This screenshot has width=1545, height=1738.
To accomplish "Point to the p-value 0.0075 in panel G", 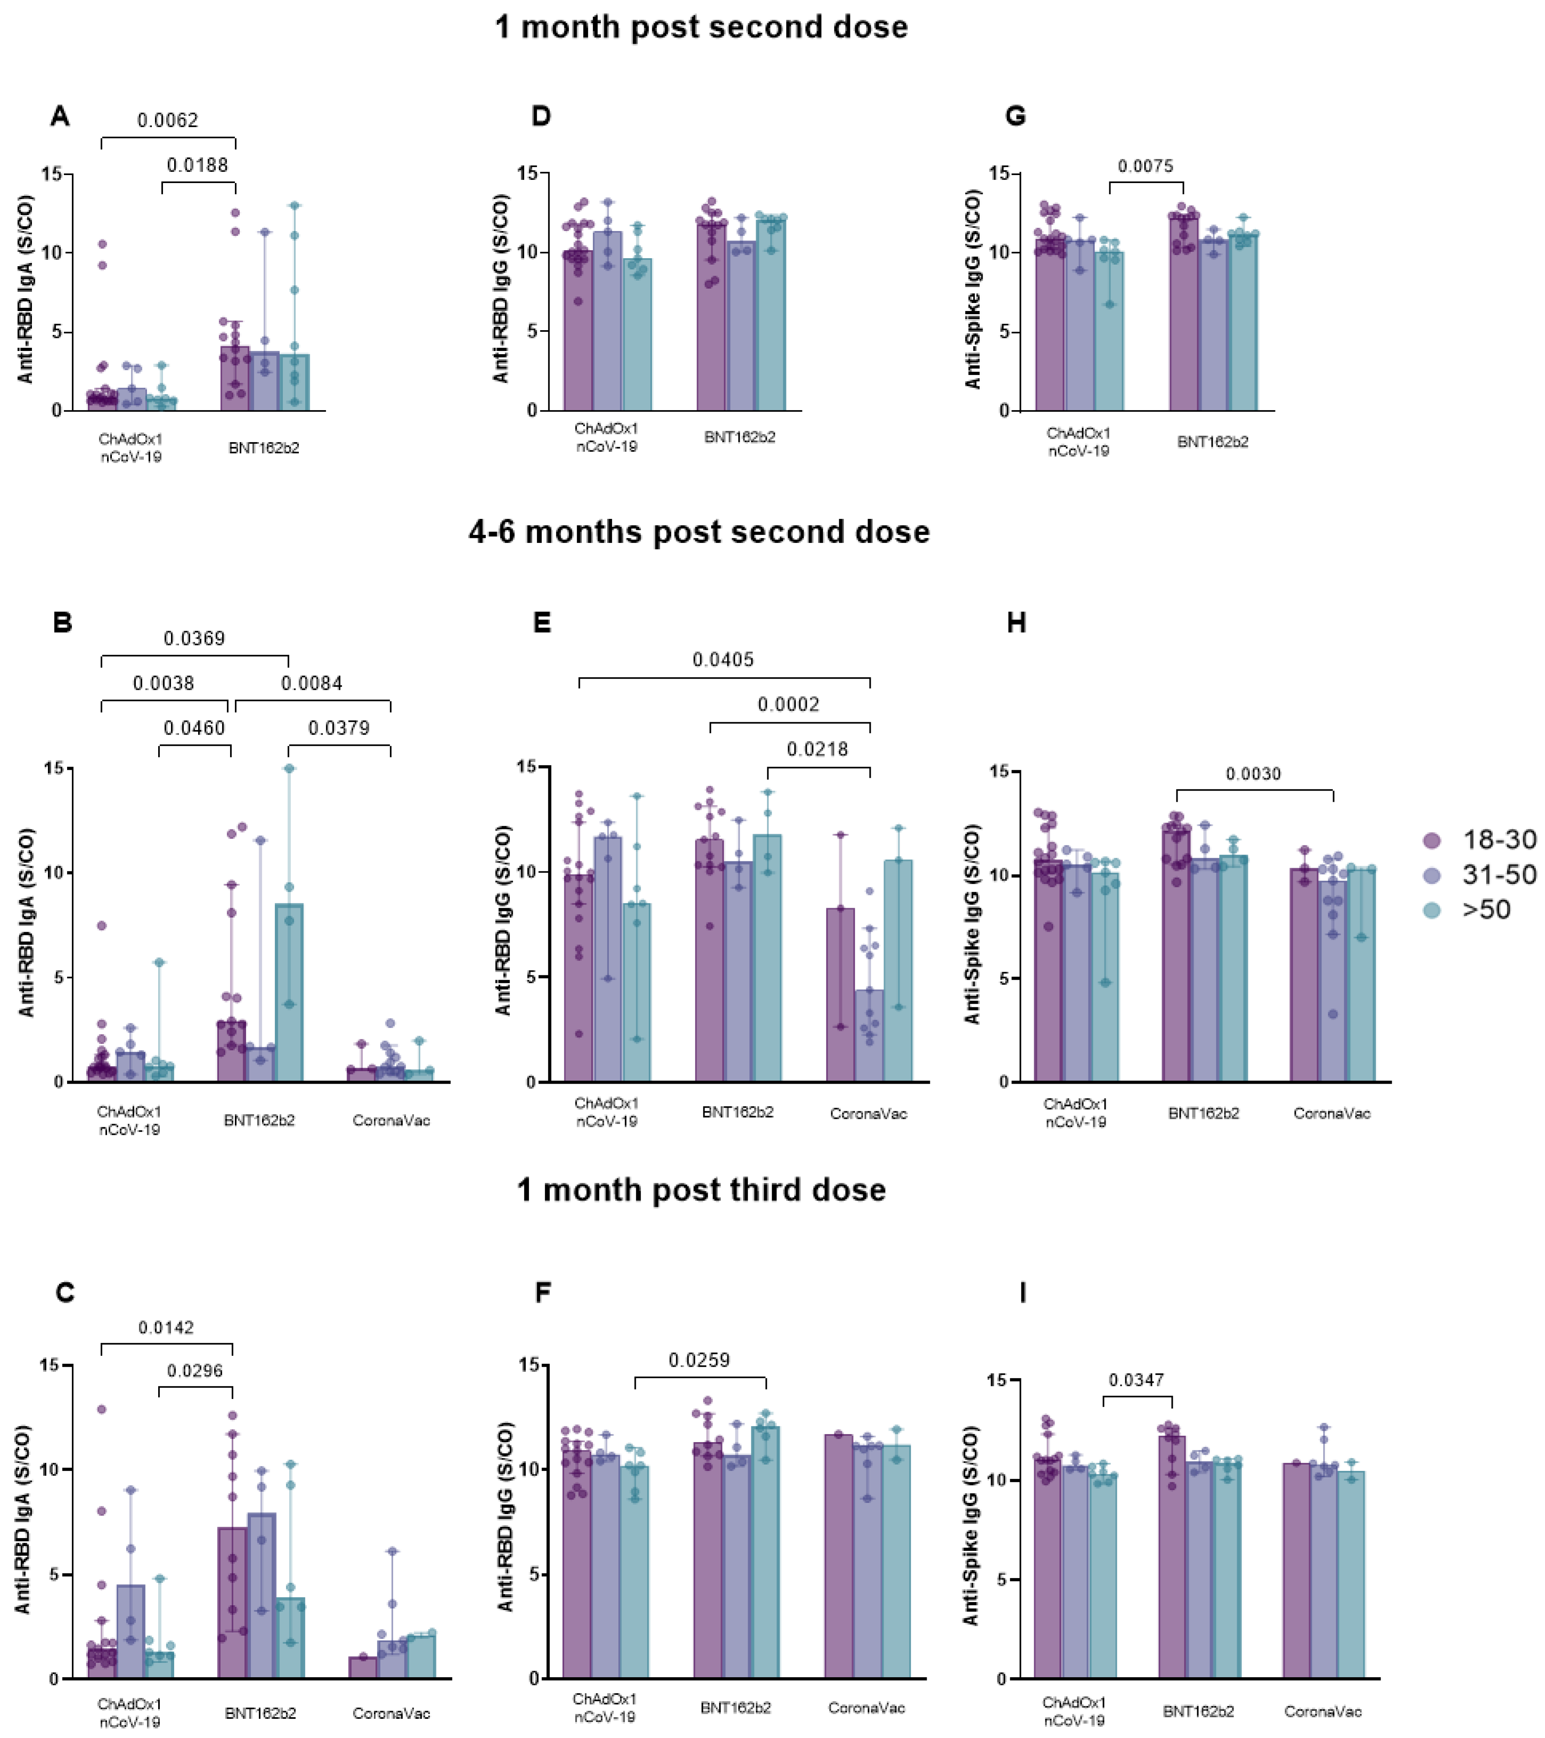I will [1146, 166].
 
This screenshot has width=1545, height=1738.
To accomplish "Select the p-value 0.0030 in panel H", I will [1253, 774].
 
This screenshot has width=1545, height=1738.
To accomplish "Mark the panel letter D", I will [541, 116].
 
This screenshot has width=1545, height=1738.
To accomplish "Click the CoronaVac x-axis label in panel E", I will [868, 1113].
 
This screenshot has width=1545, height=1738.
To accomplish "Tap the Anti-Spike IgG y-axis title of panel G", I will [973, 289].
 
